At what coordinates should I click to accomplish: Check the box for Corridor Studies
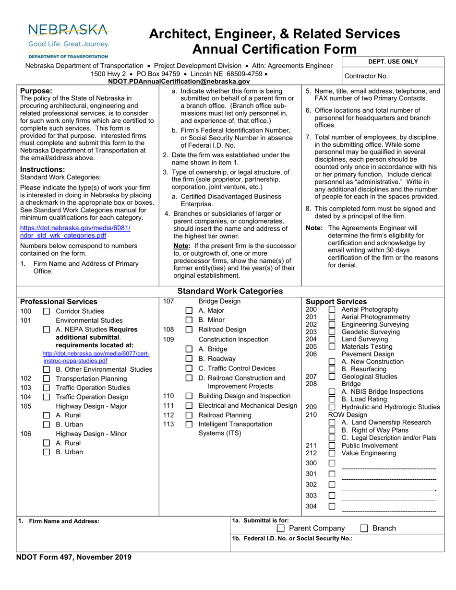47,311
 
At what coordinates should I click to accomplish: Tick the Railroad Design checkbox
189,330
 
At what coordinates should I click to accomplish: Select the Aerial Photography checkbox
332,310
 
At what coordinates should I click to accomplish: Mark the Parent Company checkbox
281,528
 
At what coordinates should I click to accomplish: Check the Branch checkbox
364,528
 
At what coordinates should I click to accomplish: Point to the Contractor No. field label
367,76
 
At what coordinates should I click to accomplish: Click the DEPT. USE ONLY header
393,61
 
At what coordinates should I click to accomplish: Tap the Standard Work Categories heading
230,291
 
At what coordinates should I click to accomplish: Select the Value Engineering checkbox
332,453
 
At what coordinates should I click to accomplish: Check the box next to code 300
332,463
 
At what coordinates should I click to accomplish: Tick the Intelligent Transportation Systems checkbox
189,424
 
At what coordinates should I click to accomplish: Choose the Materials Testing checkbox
332,346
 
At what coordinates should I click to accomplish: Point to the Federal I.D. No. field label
292,538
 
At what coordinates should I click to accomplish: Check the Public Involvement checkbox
332,446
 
